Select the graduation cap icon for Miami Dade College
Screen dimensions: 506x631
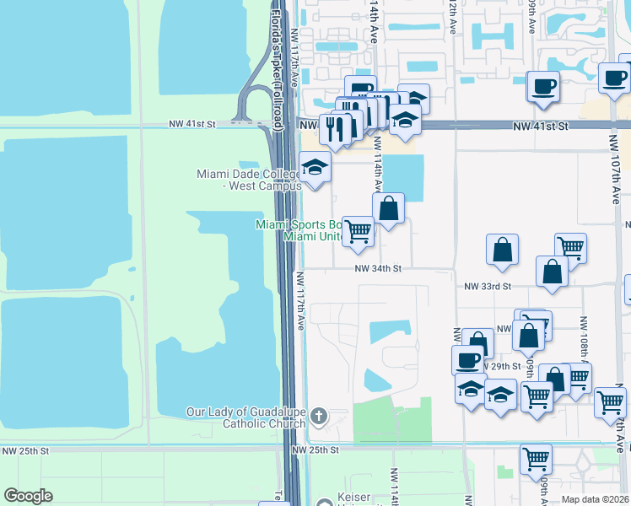pos(315,167)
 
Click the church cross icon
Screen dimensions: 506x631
pos(319,415)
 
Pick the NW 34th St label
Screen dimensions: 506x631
pos(377,268)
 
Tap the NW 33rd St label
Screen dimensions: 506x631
pos(488,287)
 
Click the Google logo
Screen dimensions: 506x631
pos(29,495)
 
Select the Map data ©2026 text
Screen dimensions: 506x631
pos(594,499)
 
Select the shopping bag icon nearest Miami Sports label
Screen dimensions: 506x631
pos(388,208)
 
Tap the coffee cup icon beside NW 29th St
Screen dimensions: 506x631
pos(467,360)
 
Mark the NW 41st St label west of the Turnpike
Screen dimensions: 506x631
pos(192,123)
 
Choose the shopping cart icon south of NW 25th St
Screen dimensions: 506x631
pos(536,459)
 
